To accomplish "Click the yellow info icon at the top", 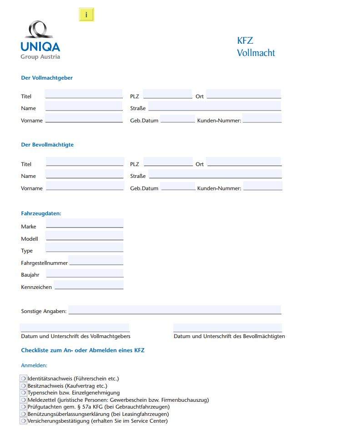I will tap(86, 15).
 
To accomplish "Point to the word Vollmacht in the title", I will tap(256, 53).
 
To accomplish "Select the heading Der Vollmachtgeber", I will tap(47, 78).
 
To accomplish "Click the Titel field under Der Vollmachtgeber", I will tap(84, 94).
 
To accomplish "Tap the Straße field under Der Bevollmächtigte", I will tap(215, 174).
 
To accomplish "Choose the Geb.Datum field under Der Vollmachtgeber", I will tap(177, 119).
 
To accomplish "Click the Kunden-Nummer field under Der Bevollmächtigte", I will tap(262, 186).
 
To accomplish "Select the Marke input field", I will tap(85, 223).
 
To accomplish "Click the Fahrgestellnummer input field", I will tap(95, 260).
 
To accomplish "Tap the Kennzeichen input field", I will tap(89, 285).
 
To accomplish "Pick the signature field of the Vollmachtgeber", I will tap(75, 328).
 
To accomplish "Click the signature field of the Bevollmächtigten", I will tap(227, 328).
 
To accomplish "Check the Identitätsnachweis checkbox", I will tap(23, 378).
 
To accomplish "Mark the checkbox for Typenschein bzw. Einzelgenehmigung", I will tap(23, 392).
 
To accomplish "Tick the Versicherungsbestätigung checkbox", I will tap(23, 421).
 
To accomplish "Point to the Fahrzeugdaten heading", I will tap(41, 213).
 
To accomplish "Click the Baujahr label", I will tap(30, 275).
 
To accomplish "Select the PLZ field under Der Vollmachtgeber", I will tap(167, 94).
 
